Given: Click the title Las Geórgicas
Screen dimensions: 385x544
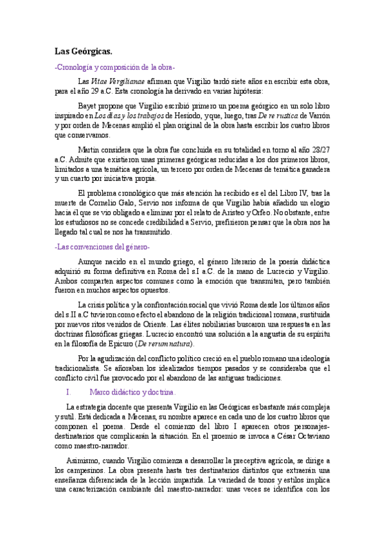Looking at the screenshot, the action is (83, 51).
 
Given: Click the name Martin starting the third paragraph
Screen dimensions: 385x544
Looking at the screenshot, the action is (89, 149).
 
